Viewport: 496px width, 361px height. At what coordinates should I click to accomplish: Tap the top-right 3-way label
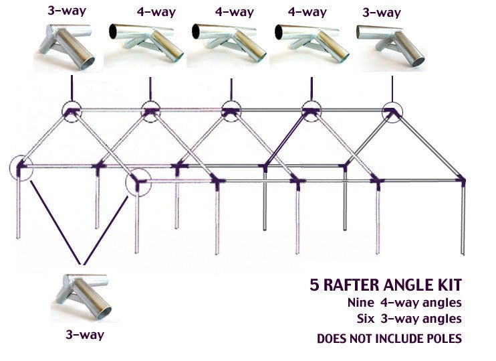(382, 13)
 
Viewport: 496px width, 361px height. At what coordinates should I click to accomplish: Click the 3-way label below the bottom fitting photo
(85, 334)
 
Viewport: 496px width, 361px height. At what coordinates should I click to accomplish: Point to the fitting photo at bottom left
(84, 296)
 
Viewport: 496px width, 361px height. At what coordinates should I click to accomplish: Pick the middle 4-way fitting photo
(227, 44)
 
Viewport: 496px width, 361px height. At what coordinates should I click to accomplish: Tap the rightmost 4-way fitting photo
(310, 44)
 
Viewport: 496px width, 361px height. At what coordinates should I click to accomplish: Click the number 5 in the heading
(315, 285)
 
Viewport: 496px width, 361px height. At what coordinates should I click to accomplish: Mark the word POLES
(439, 338)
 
